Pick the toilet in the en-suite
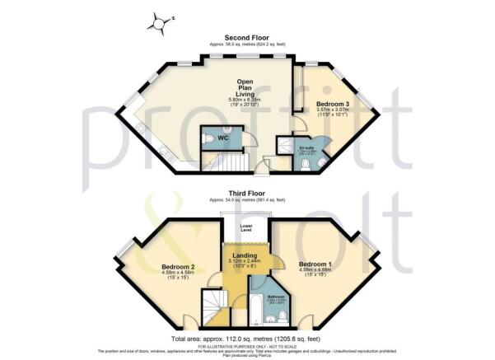click(x=306, y=165)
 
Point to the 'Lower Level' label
click(x=245, y=227)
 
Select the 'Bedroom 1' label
click(x=315, y=262)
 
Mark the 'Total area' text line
click(x=246, y=339)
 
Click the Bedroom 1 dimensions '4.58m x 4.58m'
click(x=315, y=269)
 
